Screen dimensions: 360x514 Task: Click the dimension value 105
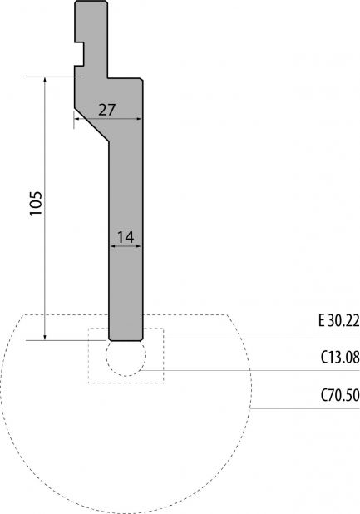[x=36, y=203]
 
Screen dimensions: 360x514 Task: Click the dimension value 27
[x=107, y=110]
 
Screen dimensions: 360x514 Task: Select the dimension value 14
[x=126, y=237]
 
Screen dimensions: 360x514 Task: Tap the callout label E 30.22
[x=338, y=320]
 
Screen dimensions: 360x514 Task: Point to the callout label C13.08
[x=340, y=358]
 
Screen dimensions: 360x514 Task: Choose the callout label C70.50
[x=340, y=395]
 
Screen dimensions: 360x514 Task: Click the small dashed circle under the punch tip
[x=126, y=376]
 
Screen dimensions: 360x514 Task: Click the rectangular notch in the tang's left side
[x=79, y=54]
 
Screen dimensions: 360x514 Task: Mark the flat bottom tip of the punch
[x=126, y=341]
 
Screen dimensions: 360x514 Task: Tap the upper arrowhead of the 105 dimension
[x=45, y=80]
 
